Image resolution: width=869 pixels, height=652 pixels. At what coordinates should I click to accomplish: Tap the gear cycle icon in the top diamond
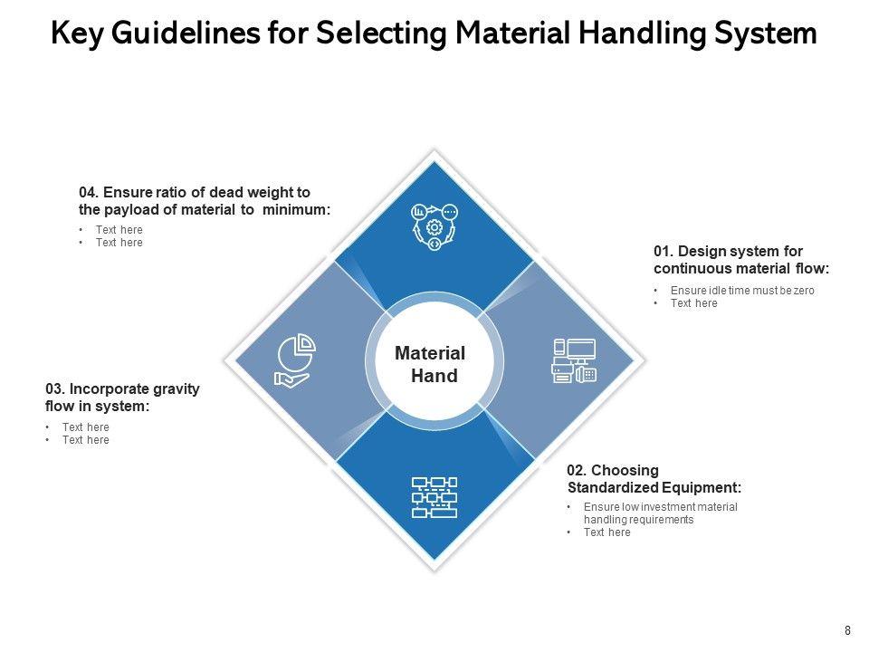pyautogui.click(x=434, y=225)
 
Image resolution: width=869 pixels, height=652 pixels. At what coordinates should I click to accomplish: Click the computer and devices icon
pyautogui.click(x=574, y=360)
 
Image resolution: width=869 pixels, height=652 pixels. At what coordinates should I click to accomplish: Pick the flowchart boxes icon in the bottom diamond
pyautogui.click(x=434, y=497)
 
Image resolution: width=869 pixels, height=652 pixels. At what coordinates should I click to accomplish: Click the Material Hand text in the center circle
pyautogui.click(x=432, y=364)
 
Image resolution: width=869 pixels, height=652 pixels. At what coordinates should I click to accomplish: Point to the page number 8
pyautogui.click(x=847, y=631)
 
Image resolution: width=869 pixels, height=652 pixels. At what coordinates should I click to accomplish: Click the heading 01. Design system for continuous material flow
pyautogui.click(x=740, y=259)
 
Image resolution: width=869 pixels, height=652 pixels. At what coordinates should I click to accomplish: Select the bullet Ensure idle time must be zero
pyautogui.click(x=742, y=291)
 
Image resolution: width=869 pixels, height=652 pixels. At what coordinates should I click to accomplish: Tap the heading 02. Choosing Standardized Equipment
pyautogui.click(x=654, y=479)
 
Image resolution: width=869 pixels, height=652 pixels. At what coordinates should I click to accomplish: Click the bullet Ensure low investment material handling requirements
pyautogui.click(x=660, y=513)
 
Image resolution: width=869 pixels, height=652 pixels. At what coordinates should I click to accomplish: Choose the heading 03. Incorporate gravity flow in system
pyautogui.click(x=122, y=398)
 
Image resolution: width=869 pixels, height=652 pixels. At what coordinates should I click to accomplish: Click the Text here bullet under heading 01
pyautogui.click(x=693, y=303)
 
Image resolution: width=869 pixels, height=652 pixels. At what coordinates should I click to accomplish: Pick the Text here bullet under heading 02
pyautogui.click(x=606, y=532)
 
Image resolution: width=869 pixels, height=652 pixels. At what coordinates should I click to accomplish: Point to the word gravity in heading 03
pyautogui.click(x=172, y=388)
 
